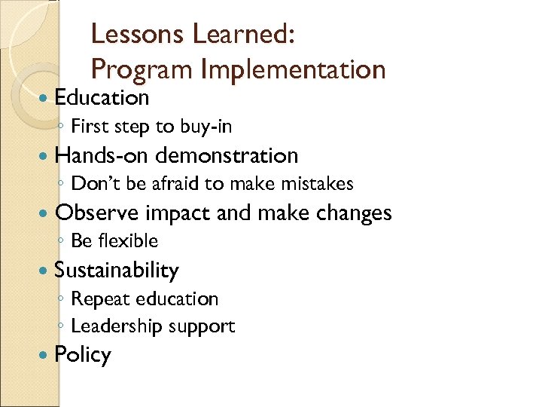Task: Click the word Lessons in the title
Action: point(136,34)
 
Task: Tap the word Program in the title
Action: point(142,69)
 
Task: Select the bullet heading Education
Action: point(102,97)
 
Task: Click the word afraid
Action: point(164,183)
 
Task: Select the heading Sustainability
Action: point(117,270)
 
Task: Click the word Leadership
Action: point(111,326)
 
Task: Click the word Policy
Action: point(83,355)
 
